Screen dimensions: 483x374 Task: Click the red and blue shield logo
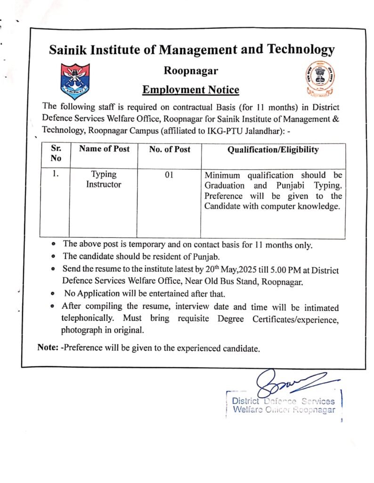pyautogui.click(x=75, y=81)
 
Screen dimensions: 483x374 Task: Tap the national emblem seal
pyautogui.click(x=315, y=78)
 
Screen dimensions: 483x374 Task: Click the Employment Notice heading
pyautogui.click(x=191, y=90)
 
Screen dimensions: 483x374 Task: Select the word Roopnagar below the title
pyautogui.click(x=191, y=71)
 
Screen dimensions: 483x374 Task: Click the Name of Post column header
pyautogui.click(x=104, y=149)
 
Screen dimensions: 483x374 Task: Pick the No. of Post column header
pyautogui.click(x=170, y=149)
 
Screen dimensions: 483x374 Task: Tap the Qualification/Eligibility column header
pyautogui.click(x=273, y=150)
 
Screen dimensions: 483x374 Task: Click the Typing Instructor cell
pyautogui.click(x=103, y=179)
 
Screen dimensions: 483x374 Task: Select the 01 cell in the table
pyautogui.click(x=170, y=175)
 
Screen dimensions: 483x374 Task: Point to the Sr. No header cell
pyautogui.click(x=55, y=153)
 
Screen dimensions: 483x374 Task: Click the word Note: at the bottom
pyautogui.click(x=48, y=348)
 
